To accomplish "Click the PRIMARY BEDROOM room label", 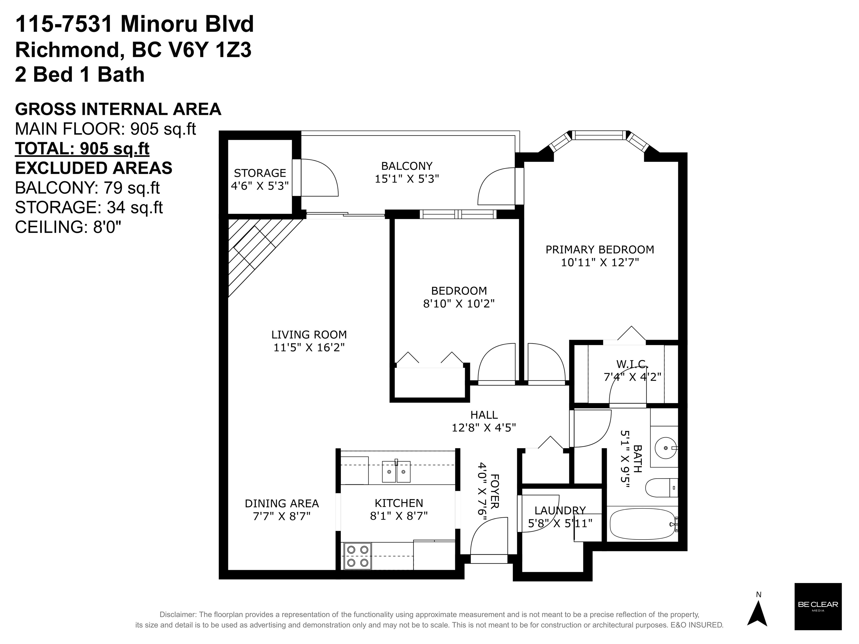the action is (x=600, y=249).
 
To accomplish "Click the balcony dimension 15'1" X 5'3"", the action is (x=407, y=179).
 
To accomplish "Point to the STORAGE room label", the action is (x=260, y=173).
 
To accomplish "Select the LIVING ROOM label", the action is (x=309, y=334).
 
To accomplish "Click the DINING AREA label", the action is (x=282, y=504).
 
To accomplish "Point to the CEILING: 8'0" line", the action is (x=68, y=227).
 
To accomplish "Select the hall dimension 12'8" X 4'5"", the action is (x=484, y=428).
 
